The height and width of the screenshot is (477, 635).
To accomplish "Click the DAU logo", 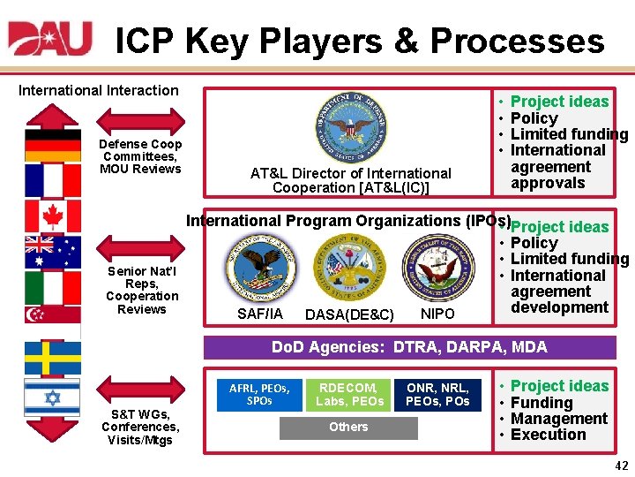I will [x=50, y=39].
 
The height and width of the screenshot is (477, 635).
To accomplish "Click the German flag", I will [x=52, y=145].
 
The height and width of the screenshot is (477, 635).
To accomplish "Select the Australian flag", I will [x=52, y=252].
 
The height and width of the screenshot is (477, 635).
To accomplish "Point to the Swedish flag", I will [x=52, y=358].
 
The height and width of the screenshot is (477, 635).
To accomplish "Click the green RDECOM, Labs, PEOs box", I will [x=349, y=394].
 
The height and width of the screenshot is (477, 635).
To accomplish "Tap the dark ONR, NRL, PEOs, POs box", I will [x=437, y=394].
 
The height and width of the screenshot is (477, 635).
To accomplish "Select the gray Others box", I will [x=349, y=428].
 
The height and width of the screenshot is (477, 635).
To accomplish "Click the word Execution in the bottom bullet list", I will [x=548, y=435].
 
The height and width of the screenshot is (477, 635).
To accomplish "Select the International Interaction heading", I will [x=99, y=89].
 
